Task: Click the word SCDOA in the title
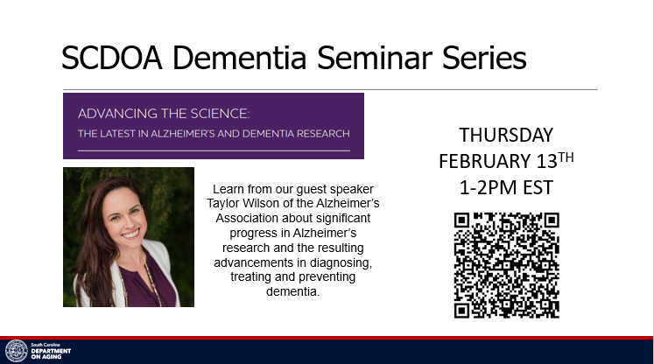[112, 58]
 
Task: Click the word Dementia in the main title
[239, 58]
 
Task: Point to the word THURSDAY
[506, 135]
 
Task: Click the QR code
[506, 265]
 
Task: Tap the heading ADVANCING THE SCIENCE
[164, 114]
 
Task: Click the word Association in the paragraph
[247, 218]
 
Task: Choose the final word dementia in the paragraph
[292, 291]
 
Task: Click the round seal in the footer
[17, 351]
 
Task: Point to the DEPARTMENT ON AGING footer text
[51, 354]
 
